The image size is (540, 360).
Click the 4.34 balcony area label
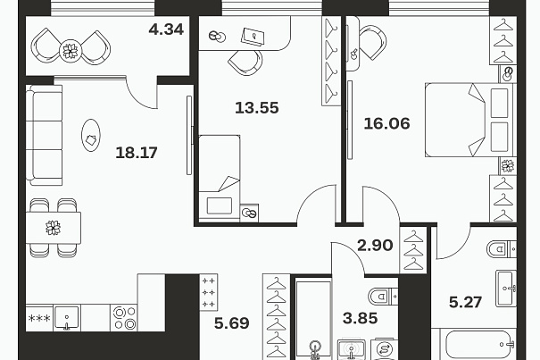pos(166,29)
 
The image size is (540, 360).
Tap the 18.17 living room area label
pos(137,153)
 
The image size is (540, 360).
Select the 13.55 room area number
pos(256,108)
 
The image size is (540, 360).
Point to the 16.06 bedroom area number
pos(386,123)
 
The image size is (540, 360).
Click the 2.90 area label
pos(375,246)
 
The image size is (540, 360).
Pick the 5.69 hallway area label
pos(232,323)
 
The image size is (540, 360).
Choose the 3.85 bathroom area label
pos(361,318)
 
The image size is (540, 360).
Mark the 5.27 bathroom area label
pos(465,303)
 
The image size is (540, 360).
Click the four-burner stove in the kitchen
pos(124,318)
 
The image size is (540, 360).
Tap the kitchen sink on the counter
pos(67,318)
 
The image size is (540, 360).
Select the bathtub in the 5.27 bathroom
pos(474,345)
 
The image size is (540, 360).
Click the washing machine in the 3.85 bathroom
pos(385,349)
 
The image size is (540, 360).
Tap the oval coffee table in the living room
pos(91,135)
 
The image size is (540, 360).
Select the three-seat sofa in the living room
pos(44,135)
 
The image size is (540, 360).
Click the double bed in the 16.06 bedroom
pos(469,120)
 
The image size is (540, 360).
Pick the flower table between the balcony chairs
pos(71,51)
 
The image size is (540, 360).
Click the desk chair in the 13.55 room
pos(245,62)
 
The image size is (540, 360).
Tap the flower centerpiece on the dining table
pos(53,228)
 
